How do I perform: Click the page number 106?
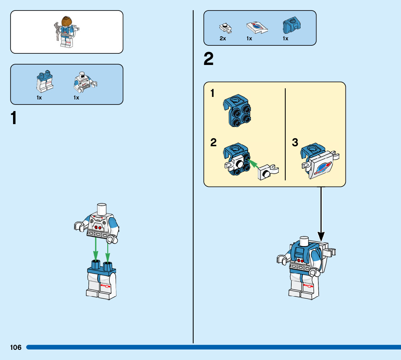coord(16,348)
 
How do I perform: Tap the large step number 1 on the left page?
coord(14,119)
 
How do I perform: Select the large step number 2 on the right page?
coord(208,60)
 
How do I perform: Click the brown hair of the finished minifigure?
coord(66,21)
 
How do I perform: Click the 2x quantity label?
coord(223,38)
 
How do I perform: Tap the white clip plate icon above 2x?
coord(225,28)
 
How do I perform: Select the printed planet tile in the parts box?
coord(257,28)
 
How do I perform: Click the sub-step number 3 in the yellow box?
coord(295,143)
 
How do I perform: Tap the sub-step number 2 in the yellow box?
coord(214,143)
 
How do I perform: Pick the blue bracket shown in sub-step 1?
coord(238,111)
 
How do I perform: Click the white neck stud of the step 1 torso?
coord(102,209)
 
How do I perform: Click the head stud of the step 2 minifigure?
coord(303,241)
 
